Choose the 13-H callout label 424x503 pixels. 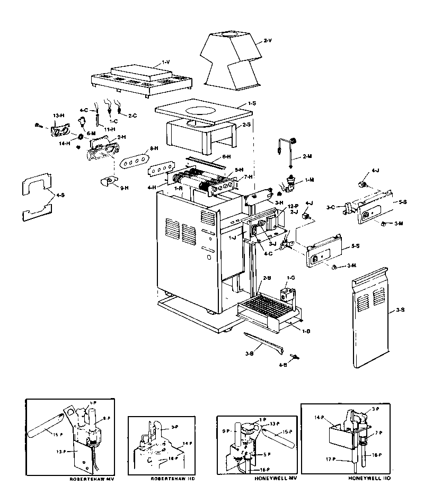pos(58,116)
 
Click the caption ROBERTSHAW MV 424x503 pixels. pos(92,479)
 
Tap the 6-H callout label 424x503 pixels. pos(226,156)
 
